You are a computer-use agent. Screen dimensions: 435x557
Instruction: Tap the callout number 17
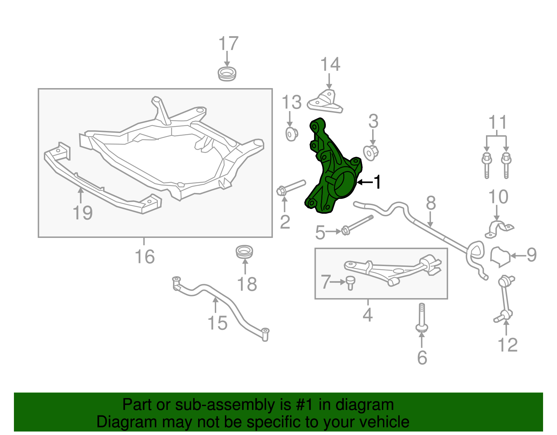pos(228,44)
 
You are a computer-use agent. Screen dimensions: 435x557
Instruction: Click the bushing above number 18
pos(244,252)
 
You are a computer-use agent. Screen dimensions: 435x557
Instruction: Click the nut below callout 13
pos(291,134)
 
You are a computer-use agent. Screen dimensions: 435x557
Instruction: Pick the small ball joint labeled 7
pos(350,282)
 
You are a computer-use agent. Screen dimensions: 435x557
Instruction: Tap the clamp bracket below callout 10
pos(499,230)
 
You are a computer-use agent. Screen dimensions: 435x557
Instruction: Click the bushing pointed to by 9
pos(500,257)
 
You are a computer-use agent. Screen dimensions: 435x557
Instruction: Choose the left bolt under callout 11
pos(487,165)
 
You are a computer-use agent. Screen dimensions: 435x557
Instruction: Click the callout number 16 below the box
pos(144,257)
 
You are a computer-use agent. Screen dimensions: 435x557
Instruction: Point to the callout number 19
pos(83,213)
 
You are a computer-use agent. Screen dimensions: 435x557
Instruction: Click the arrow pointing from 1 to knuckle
pos(364,182)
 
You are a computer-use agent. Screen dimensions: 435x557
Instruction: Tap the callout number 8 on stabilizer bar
pos(431,203)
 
